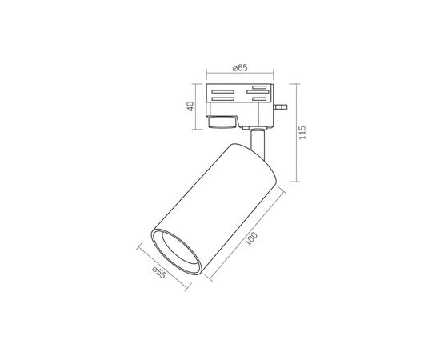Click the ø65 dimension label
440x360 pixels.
(240, 68)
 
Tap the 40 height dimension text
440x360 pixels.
(190, 106)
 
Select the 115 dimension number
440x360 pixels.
(302, 133)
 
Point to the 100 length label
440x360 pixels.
(251, 238)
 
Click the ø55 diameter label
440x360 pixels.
(159, 273)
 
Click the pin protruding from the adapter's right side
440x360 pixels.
(281, 106)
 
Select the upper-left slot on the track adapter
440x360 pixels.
(223, 91)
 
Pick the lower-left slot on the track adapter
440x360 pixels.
(223, 98)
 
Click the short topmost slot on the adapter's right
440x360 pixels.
(259, 87)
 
